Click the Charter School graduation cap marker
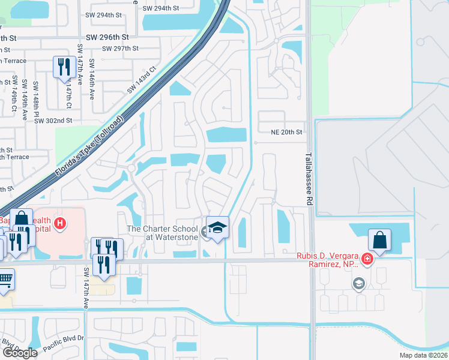click(x=217, y=227)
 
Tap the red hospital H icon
click(x=59, y=224)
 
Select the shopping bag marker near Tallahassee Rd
click(x=379, y=240)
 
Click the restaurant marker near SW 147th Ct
click(x=63, y=67)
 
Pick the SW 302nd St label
click(x=53, y=121)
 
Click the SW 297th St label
click(x=120, y=49)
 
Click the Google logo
click(x=20, y=353)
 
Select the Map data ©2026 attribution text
click(x=423, y=355)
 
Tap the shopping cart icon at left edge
click(x=5, y=279)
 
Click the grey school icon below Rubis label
click(x=359, y=284)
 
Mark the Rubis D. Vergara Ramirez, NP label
click(x=327, y=260)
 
